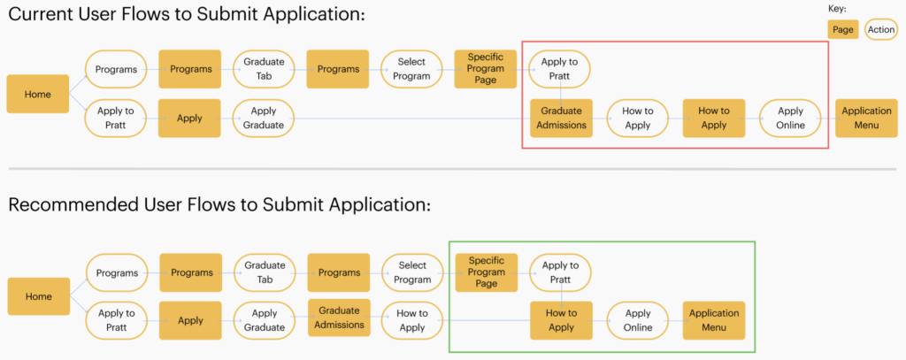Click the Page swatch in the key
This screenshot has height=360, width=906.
(x=843, y=29)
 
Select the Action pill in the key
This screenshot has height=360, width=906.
(x=880, y=29)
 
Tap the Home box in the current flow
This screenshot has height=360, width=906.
(x=37, y=94)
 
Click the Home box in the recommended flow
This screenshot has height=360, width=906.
(x=39, y=296)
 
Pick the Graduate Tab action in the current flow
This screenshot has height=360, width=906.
(x=264, y=69)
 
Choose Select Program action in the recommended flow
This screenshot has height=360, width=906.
(x=412, y=272)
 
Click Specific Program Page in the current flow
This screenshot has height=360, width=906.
(x=486, y=69)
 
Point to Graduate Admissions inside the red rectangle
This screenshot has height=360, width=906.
(x=562, y=118)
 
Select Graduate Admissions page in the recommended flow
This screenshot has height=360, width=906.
(x=339, y=318)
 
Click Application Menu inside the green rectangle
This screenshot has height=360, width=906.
(x=714, y=320)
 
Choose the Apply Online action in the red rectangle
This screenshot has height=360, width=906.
(x=790, y=118)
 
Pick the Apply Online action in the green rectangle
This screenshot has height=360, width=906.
(x=638, y=320)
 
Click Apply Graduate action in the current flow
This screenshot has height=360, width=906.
(x=264, y=118)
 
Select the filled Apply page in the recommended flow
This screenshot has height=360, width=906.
(x=191, y=320)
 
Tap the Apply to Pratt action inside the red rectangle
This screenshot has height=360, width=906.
(x=560, y=69)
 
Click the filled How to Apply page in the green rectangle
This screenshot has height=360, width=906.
(x=562, y=320)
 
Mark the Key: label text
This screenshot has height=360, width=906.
(x=837, y=9)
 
